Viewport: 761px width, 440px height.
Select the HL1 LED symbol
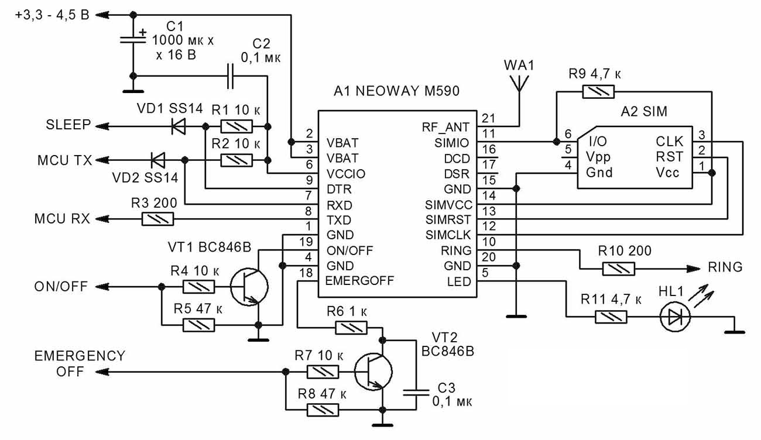[676, 317]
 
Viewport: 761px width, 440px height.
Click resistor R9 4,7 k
[599, 91]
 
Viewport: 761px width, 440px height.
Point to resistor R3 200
[158, 220]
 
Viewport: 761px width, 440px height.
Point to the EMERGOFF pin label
[359, 281]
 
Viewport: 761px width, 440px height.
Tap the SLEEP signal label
[68, 125]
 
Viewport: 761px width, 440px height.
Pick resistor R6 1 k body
[352, 329]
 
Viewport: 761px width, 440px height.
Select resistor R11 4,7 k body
[611, 317]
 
